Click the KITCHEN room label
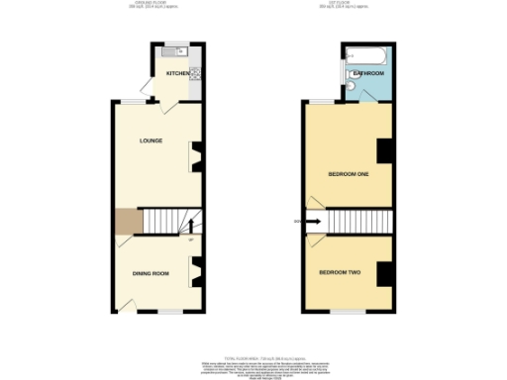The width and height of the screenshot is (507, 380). pyautogui.click(x=178, y=74)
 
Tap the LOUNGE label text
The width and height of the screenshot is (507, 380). pyautogui.click(x=151, y=141)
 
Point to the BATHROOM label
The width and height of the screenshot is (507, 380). pyautogui.click(x=368, y=73)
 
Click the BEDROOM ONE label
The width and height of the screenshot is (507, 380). pyautogui.click(x=349, y=174)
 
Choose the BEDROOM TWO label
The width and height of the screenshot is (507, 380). pyautogui.click(x=341, y=271)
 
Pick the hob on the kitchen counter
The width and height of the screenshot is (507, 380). pyautogui.click(x=195, y=73)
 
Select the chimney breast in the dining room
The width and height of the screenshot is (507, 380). pyautogui.click(x=196, y=268)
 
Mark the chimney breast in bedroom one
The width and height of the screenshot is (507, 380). pyautogui.click(x=385, y=150)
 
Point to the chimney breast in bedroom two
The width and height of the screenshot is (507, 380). pyautogui.click(x=385, y=271)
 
